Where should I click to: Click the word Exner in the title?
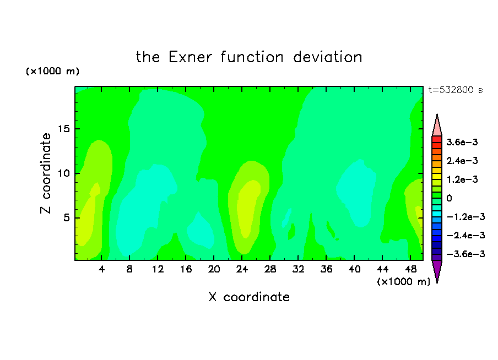tap(190, 57)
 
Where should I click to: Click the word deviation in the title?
tap(328, 57)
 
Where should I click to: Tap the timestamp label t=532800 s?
tap(456, 90)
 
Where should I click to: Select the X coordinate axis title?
tap(250, 297)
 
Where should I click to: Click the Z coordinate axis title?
tap(45, 173)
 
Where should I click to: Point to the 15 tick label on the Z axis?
tap(64, 129)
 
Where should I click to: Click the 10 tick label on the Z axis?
tap(64, 173)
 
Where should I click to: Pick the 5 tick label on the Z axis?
tap(67, 218)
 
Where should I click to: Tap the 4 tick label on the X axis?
tap(101, 269)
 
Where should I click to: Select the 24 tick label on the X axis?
tap(242, 269)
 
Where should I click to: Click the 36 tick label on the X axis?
tap(326, 269)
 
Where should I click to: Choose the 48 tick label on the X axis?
tap(410, 269)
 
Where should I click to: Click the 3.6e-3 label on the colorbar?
tap(462, 142)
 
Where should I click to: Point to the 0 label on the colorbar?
tap(449, 198)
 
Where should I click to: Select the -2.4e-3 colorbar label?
tap(466, 235)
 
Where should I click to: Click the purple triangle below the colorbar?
tap(437, 270)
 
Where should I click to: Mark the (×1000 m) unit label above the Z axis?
tap(53, 71)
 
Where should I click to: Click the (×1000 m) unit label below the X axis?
tap(403, 282)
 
